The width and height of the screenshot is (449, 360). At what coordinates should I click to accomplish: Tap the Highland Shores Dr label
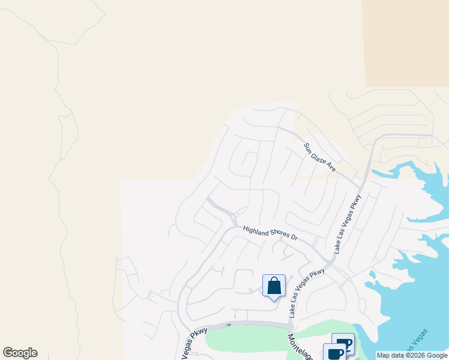click(x=270, y=233)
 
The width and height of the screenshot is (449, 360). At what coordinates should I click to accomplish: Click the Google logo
click(x=20, y=353)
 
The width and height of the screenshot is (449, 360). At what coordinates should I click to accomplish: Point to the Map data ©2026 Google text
click(x=412, y=355)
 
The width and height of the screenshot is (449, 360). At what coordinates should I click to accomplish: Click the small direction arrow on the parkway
click(x=228, y=325)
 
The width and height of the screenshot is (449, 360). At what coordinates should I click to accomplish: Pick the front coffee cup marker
click(x=335, y=353)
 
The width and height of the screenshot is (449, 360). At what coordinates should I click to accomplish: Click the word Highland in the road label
click(x=255, y=229)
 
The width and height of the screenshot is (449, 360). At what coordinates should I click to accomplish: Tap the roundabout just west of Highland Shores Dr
click(x=234, y=217)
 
